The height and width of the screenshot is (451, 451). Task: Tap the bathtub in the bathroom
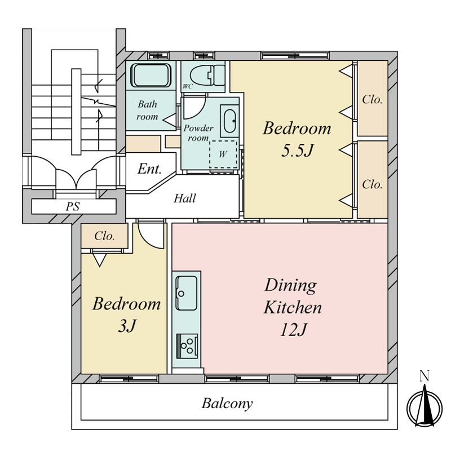[151, 76]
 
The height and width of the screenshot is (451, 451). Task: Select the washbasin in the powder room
[230, 121]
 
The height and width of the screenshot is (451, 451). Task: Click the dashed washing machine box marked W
[223, 154]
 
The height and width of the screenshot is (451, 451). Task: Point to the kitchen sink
[187, 293]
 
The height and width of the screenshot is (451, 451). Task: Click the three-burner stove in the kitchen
[187, 346]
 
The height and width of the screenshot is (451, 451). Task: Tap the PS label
[73, 206]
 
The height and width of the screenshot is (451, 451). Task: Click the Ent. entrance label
[149, 169]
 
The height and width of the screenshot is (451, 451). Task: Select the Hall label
[185, 198]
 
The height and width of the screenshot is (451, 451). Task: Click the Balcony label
[227, 404]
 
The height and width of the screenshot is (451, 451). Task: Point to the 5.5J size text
[297, 150]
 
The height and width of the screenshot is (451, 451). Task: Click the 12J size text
[293, 329]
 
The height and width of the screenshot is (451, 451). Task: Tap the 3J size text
[127, 326]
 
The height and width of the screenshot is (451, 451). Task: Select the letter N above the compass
[425, 377]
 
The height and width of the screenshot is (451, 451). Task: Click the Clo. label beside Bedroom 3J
[104, 236]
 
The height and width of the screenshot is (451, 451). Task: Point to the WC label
[188, 86]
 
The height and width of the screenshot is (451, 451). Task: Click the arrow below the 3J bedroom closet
[100, 259]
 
